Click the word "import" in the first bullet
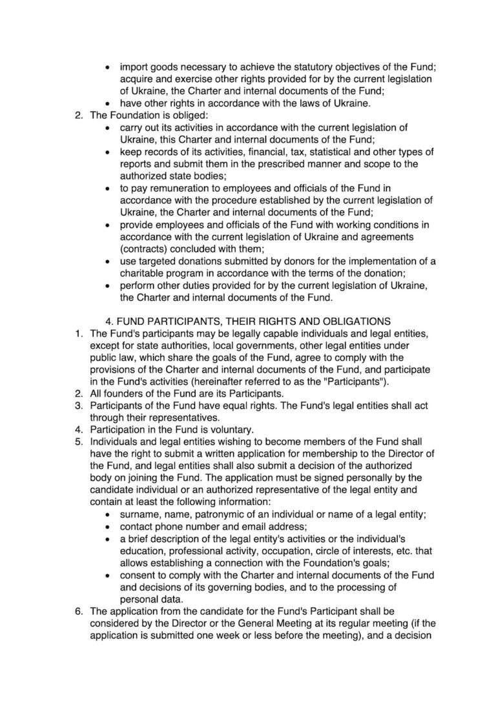pos(134,67)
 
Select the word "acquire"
pos(138,79)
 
